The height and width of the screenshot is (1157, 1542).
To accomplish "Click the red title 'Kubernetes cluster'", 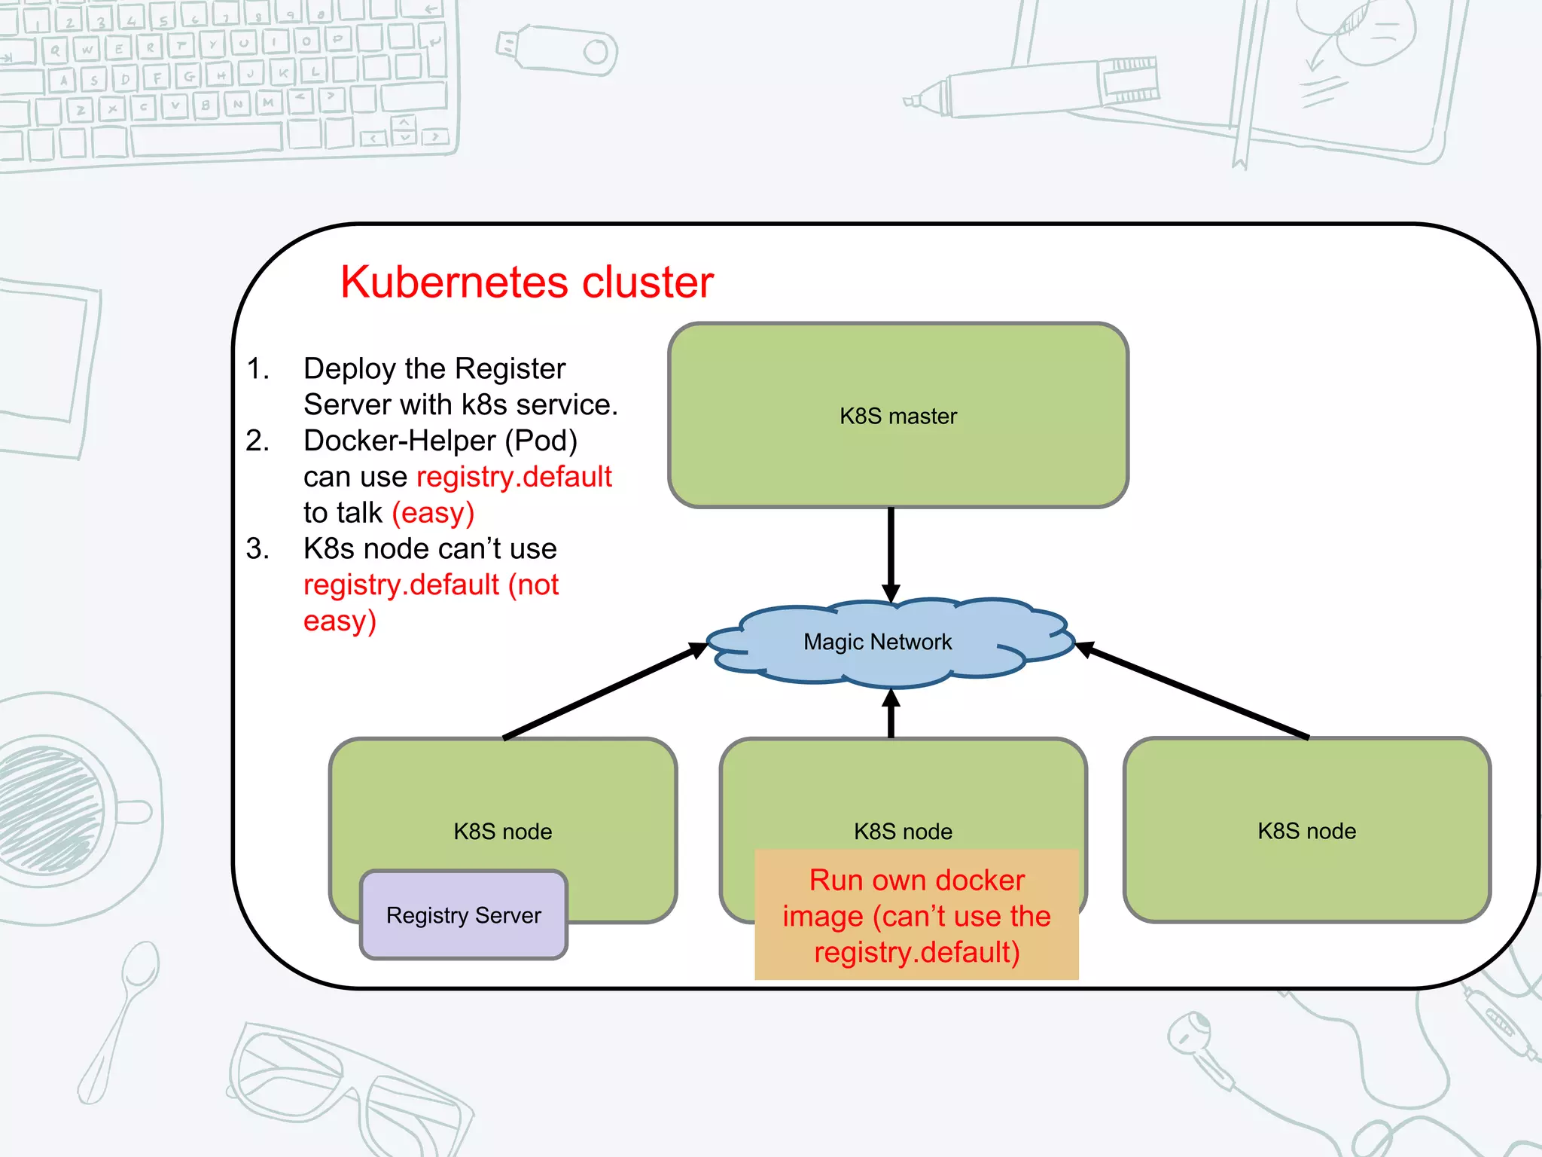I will (526, 282).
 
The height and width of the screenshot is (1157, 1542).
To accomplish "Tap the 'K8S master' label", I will (898, 416).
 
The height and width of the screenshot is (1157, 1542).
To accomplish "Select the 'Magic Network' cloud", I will (877, 642).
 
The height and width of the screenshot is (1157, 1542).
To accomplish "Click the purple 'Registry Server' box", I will (463, 915).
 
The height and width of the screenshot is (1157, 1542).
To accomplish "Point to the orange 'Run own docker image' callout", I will (916, 915).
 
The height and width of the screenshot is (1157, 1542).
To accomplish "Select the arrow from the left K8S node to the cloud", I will (602, 691).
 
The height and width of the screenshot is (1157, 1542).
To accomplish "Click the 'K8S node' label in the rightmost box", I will (1306, 831).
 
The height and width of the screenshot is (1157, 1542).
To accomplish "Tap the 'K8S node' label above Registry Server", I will (502, 832).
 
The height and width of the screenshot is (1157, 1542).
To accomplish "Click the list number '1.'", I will (258, 368).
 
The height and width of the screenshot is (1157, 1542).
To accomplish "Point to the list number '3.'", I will (258, 548).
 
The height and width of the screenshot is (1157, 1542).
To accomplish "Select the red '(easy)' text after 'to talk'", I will (433, 513).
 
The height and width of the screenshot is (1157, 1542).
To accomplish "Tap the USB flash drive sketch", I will (557, 51).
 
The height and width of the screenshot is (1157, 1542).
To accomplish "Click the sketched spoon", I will (120, 1017).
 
